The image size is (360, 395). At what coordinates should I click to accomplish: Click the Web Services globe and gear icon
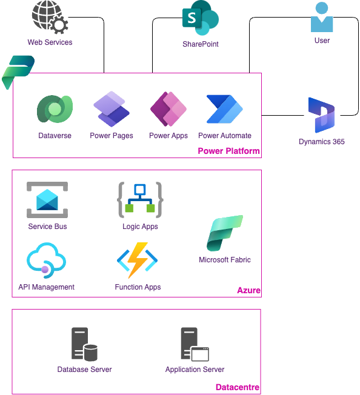tap(50, 17)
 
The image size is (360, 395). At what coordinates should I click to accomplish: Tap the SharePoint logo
tap(201, 18)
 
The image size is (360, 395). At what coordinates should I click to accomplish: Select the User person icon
tap(322, 17)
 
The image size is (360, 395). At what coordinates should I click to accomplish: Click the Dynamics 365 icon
tap(321, 115)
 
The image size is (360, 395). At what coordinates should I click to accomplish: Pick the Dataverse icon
tap(55, 109)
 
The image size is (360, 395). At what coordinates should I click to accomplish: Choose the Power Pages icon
tap(112, 109)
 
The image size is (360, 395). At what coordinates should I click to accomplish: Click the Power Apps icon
tap(168, 109)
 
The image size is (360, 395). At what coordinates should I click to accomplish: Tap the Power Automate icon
tap(225, 109)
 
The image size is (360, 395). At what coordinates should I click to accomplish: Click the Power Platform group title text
tap(228, 151)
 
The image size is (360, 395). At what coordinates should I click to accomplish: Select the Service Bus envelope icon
tap(47, 200)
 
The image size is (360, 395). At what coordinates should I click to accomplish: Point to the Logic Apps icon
tap(140, 200)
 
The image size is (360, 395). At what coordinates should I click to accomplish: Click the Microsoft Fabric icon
tap(225, 233)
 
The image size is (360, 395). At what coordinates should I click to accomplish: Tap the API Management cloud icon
tap(46, 261)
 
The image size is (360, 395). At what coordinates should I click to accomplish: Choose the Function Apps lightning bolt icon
tap(138, 261)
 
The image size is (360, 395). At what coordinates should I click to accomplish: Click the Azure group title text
tap(248, 290)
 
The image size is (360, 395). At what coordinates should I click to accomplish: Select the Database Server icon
tap(84, 344)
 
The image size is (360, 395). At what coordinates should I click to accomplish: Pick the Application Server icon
tap(195, 344)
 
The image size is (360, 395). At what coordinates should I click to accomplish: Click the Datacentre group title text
tap(238, 387)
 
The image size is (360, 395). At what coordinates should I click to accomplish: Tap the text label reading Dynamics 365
tap(321, 142)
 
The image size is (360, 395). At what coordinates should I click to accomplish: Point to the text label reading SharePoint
tap(201, 44)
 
